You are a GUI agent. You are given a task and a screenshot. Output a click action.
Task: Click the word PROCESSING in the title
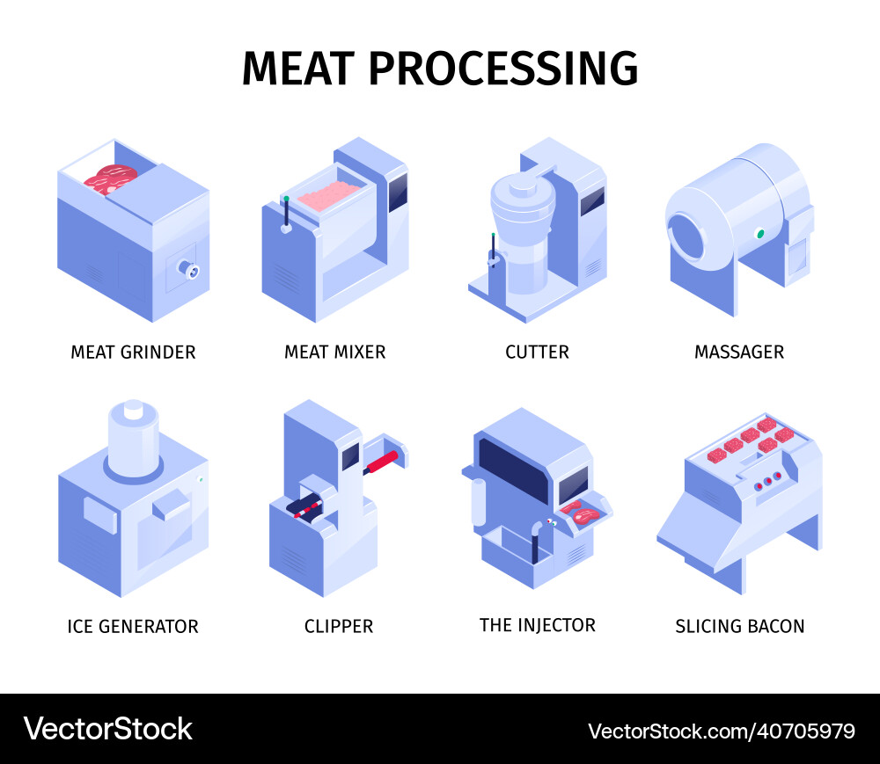[503, 69]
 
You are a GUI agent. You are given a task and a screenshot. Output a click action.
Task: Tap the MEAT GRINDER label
[133, 353]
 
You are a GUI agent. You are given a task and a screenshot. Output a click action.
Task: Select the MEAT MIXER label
[334, 353]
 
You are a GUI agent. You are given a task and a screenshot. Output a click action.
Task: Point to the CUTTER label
[537, 353]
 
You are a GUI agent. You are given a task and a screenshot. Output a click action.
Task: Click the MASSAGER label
[739, 353]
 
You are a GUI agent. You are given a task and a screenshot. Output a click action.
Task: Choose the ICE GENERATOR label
[133, 627]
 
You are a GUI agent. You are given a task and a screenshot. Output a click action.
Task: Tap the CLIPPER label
[339, 627]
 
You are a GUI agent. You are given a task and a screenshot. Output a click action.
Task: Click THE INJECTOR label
[537, 625]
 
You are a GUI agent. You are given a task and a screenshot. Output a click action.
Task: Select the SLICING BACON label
[739, 627]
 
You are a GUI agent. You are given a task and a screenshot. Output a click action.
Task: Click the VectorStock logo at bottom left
[107, 729]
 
